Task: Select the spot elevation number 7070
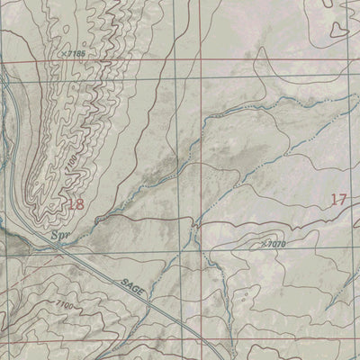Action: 275,243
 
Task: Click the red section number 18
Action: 76,204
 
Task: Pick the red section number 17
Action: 339,199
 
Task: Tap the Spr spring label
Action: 60,239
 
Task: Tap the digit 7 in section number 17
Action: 343,199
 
